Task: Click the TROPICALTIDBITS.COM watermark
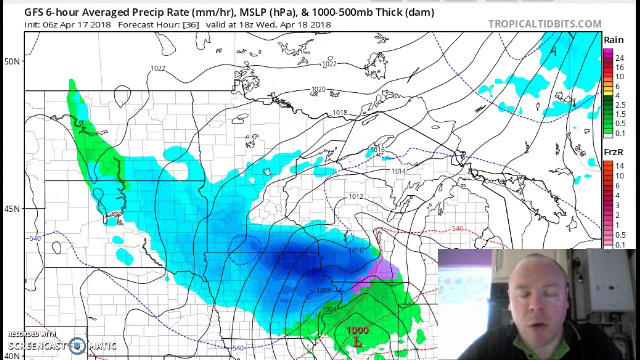545,24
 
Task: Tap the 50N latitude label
12,61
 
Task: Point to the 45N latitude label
12,209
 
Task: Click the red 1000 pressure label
357,331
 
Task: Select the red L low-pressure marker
357,342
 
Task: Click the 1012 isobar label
356,197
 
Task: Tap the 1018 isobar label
340,113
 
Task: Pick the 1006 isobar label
324,291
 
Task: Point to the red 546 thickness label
457,229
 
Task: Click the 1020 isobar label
319,90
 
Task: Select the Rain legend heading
613,40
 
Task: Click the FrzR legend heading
613,152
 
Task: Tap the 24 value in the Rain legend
620,58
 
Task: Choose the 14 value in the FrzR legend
620,166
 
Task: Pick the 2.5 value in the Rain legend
620,105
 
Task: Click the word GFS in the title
34,12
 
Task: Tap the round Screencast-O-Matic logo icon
77,345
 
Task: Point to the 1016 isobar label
377,150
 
